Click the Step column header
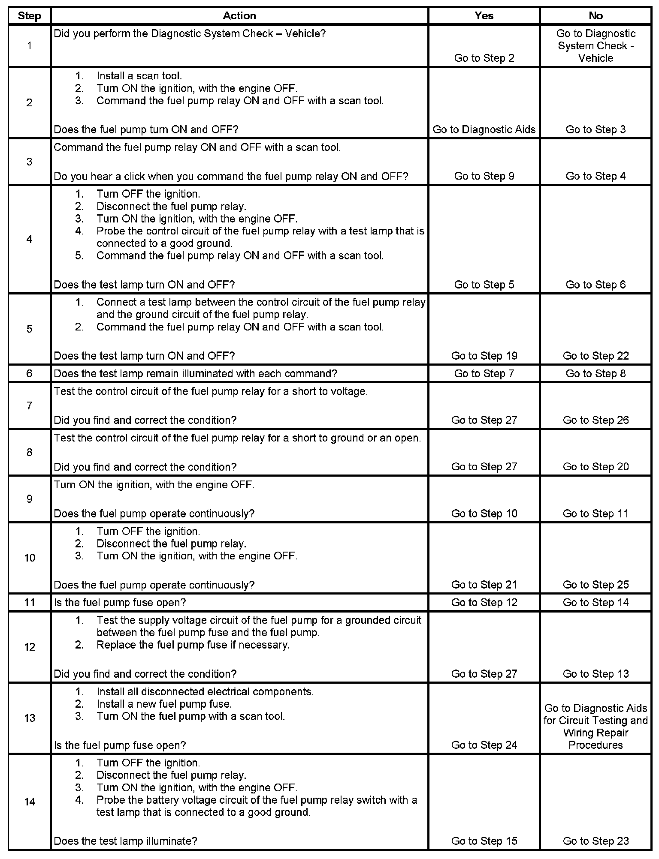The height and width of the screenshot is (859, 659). pos(29,16)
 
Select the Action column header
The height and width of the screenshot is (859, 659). pos(239,16)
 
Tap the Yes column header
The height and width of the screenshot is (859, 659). pos(484,16)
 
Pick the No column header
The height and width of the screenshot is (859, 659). pos(596,16)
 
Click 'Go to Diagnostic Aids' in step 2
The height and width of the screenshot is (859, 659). pos(484,129)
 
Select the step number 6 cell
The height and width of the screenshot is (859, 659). pos(29,373)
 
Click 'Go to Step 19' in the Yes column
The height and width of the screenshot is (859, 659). pos(484,356)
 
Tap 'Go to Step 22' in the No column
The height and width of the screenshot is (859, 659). pos(596,356)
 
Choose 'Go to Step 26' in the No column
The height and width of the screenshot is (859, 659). pos(596,420)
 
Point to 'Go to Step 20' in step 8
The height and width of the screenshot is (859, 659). pos(596,467)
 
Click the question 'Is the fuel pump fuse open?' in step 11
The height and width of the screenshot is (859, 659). pos(120,603)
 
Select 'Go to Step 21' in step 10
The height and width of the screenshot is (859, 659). pos(484,585)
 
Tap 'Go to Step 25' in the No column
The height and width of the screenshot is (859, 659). pos(596,585)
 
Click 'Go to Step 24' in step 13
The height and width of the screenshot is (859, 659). pos(484,745)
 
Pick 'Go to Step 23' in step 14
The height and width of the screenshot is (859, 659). pos(596,841)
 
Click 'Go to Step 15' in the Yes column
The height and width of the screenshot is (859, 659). pos(484,841)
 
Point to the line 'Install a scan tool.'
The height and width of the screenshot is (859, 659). pos(139,76)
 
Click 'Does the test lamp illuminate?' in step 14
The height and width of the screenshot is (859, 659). pos(125,841)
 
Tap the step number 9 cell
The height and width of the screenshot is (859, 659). pos(29,499)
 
